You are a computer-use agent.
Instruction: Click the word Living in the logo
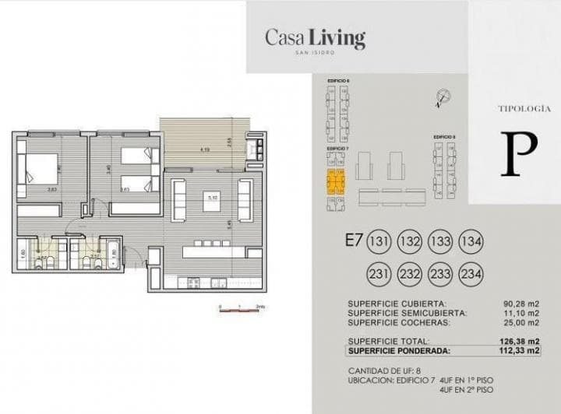[x=337, y=37]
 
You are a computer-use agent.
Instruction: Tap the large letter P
[x=515, y=154]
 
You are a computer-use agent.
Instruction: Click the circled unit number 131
[x=379, y=240]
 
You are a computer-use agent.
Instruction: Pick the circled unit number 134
[x=471, y=240]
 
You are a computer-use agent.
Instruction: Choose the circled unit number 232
[x=410, y=274]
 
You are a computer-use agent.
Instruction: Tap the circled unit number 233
[x=441, y=274]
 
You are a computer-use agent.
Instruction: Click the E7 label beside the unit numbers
[x=351, y=240]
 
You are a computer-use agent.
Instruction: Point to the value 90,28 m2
[x=521, y=303]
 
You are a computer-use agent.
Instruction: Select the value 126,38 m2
[x=520, y=341]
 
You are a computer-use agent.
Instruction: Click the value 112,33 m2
[x=520, y=350]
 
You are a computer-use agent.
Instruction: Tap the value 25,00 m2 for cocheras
[x=521, y=322]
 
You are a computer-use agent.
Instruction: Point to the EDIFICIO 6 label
[x=337, y=81]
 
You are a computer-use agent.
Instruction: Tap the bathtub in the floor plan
[x=112, y=255]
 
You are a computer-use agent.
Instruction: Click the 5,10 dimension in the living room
[x=211, y=198]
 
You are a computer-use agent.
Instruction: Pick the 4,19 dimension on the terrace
[x=204, y=149]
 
